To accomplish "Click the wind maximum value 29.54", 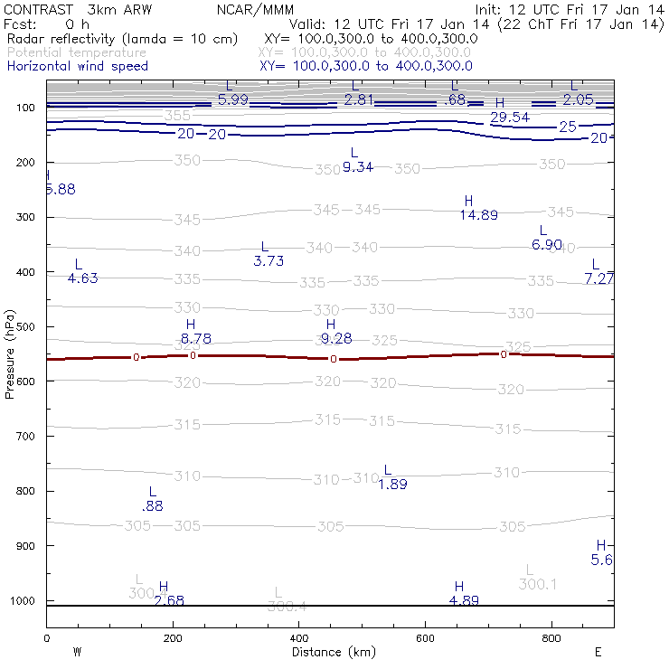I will coord(509,118).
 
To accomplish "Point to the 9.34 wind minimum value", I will coord(358,167).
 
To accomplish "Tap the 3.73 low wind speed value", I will coord(269,261).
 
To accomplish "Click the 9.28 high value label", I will coord(335,339).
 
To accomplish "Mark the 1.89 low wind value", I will coord(392,485).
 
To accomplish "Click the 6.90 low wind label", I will coord(547,245).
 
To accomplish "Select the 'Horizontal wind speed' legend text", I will coord(77,66).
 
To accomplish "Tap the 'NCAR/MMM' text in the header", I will coord(256,9).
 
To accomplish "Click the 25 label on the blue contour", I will coord(567,127).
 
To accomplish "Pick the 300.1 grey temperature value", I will coord(537,585).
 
